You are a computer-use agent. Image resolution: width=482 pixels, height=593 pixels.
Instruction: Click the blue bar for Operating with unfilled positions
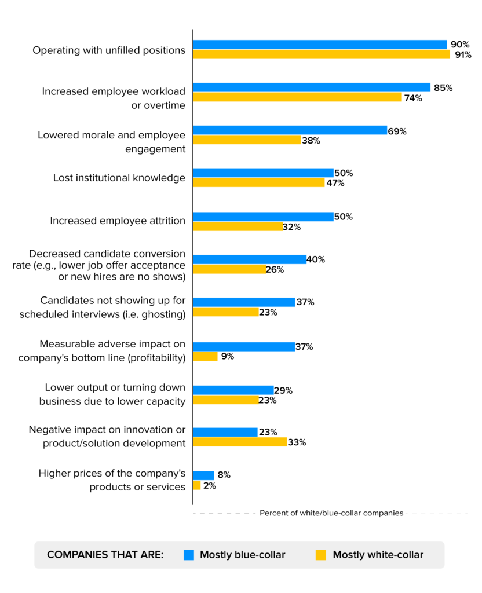320,45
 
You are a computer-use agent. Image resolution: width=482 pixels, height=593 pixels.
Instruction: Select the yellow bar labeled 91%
321,54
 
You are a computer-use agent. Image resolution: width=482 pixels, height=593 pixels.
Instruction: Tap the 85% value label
443,88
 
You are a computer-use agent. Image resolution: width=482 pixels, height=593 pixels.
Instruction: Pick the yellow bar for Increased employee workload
297,97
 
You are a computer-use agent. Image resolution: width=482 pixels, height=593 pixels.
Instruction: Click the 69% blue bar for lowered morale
290,131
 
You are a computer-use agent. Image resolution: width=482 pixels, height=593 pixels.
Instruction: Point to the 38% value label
311,141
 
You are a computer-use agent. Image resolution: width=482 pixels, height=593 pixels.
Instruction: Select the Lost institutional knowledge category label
119,178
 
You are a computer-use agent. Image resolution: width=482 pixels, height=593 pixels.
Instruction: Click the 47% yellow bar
258,183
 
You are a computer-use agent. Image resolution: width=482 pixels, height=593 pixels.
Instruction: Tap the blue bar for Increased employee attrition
263,217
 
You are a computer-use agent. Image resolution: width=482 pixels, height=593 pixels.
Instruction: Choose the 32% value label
291,227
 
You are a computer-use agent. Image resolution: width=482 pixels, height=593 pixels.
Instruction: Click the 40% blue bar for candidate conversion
249,259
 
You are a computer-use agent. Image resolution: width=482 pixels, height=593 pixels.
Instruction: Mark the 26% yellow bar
229,269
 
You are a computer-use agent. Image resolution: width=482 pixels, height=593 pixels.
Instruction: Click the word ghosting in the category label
165,314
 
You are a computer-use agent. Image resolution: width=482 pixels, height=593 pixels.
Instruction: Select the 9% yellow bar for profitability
205,357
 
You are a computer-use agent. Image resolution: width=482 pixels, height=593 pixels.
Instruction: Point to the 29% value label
283,390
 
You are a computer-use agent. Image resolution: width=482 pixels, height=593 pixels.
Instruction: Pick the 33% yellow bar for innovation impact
239,442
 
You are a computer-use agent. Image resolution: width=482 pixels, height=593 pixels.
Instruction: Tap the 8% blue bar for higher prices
203,475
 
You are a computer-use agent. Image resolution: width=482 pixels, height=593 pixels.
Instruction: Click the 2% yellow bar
196,485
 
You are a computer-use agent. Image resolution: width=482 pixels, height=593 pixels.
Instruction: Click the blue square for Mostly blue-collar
188,555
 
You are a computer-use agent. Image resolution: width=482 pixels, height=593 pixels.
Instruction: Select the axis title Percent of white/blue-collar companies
331,513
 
